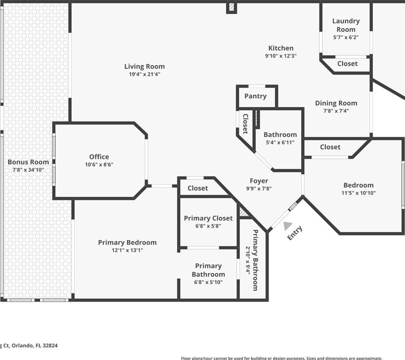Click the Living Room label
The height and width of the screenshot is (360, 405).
tap(144, 66)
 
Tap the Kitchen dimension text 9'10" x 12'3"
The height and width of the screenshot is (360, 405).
tap(281, 56)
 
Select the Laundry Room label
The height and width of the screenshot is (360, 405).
tap(346, 25)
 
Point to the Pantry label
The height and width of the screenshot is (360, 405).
tap(256, 96)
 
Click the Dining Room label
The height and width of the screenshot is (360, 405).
tap(336, 103)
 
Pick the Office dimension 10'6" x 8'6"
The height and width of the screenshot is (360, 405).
tap(99, 165)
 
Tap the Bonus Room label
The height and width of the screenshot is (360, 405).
tap(28, 162)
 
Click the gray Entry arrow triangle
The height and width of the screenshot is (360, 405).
tap(288, 225)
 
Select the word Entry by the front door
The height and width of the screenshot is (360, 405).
tap(295, 233)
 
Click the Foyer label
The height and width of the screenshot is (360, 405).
tap(259, 181)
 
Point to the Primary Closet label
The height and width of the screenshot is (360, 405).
tap(208, 218)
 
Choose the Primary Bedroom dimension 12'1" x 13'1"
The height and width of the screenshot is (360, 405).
tap(127, 250)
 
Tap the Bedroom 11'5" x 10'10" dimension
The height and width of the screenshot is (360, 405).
tap(358, 193)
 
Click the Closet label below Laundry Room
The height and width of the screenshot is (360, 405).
tap(347, 64)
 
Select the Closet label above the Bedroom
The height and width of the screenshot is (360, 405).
tap(330, 147)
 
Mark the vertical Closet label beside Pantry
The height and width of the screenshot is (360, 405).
tap(245, 124)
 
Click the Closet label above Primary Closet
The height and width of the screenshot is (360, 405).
tap(198, 188)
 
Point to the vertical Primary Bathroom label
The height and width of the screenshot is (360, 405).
tap(255, 260)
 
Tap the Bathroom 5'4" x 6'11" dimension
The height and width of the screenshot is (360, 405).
tap(280, 142)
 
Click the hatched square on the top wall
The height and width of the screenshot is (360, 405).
tap(231, 7)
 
